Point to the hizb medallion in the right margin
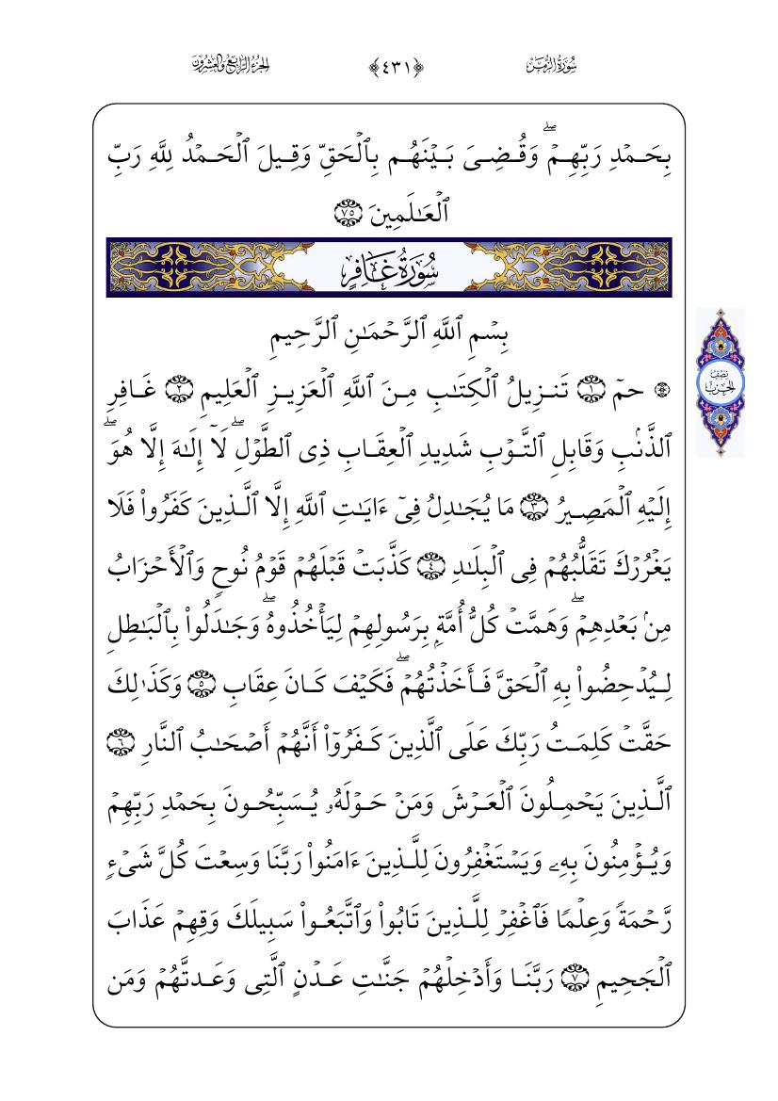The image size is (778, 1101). click(x=721, y=382)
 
